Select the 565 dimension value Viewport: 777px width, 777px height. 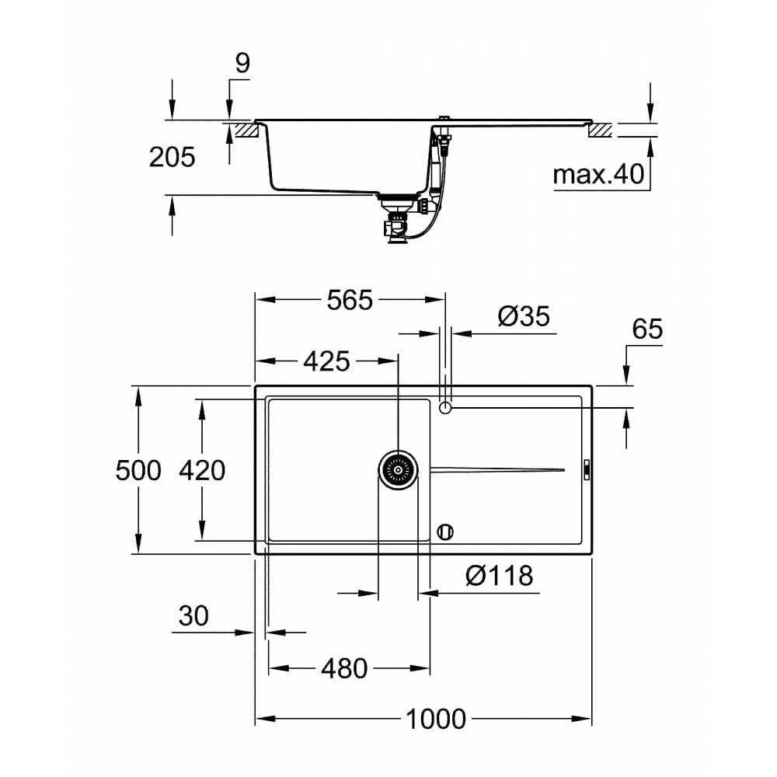coord(350,300)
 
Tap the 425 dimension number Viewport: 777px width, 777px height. coord(326,361)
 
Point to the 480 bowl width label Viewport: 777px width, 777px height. coord(343,668)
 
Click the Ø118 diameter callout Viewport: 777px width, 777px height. coord(499,576)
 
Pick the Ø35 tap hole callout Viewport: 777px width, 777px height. coord(523,316)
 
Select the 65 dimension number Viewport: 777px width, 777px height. coord(646,329)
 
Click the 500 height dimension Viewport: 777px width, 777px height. coord(138,470)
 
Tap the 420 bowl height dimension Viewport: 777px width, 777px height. coord(202,470)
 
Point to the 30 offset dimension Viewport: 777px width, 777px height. coord(193,616)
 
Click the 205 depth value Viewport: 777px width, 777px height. coord(172,158)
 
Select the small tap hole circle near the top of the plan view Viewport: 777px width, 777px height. coord(445,407)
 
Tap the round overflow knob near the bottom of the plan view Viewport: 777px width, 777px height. coord(445,532)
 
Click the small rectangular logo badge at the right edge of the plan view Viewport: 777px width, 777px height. coord(587,469)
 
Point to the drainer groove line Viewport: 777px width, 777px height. coord(497,469)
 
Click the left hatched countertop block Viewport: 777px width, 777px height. coord(246,131)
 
